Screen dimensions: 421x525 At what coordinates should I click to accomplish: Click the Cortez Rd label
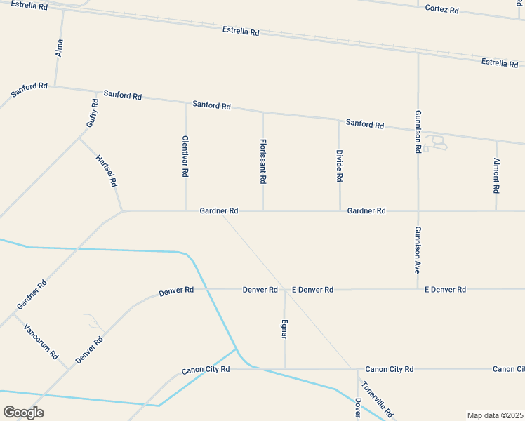(442, 10)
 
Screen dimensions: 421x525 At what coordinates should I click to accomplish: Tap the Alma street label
(59, 48)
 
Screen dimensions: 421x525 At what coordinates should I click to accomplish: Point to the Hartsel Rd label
(106, 171)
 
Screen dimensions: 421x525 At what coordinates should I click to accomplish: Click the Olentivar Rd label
(185, 156)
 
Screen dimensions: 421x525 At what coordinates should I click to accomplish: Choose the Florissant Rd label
(262, 161)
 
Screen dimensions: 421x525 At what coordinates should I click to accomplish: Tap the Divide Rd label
(339, 166)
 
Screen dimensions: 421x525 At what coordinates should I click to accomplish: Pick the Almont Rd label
(496, 175)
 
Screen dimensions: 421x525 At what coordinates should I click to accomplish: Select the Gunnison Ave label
(418, 250)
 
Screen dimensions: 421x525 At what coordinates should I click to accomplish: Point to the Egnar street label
(284, 328)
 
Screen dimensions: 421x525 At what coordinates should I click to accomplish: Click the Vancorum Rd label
(41, 341)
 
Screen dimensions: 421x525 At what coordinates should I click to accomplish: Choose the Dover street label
(358, 409)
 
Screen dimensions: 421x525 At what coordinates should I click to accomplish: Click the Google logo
(23, 412)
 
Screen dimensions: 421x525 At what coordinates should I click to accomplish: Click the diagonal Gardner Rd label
(32, 295)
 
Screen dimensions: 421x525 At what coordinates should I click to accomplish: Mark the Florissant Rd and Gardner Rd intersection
(263, 210)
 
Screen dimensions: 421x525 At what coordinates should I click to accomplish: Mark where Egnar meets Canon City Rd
(284, 368)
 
